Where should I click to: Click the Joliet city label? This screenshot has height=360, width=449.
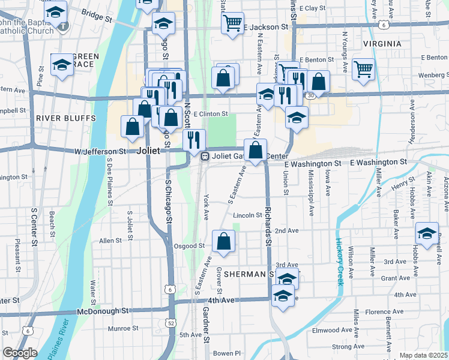pos(148,151)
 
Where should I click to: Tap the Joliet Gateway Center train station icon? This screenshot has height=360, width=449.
pos(205,157)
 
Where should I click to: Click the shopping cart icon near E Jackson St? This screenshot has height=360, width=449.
pos(232,23)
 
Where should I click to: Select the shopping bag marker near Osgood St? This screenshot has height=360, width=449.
pos(224,242)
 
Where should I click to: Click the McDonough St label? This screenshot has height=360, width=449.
pos(103,311)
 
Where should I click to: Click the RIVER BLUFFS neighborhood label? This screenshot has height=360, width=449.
pos(62,118)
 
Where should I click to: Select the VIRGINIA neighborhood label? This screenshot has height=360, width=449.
pos(382,44)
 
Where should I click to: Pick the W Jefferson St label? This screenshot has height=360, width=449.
pos(100,152)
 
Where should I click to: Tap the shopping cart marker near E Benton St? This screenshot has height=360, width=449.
pos(364,69)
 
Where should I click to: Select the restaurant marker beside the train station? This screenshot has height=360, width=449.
pos(193,140)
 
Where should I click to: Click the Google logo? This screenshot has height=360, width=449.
pos(20,353)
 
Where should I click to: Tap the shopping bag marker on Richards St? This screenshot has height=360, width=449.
pos(256,150)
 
